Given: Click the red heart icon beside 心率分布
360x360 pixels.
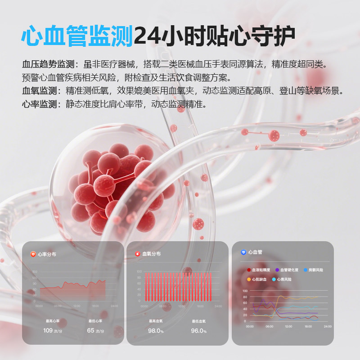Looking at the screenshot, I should [32, 254].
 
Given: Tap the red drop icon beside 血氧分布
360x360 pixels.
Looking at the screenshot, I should [137, 254].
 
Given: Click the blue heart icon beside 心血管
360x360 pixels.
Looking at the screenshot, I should [243, 252].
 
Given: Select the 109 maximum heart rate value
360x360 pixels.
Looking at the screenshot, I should [48, 331].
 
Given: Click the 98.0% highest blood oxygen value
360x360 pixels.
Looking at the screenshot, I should [156, 331].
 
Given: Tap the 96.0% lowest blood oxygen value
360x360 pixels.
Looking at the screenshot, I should [199, 331].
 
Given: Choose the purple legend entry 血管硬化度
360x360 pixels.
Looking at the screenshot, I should [288, 270].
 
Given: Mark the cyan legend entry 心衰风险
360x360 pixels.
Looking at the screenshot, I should [285, 279].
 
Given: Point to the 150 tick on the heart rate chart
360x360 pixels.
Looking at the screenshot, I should [35, 272].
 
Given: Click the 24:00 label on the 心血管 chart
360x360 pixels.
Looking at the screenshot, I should [327, 326].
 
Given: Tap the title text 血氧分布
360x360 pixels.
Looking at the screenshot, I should [151, 254].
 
